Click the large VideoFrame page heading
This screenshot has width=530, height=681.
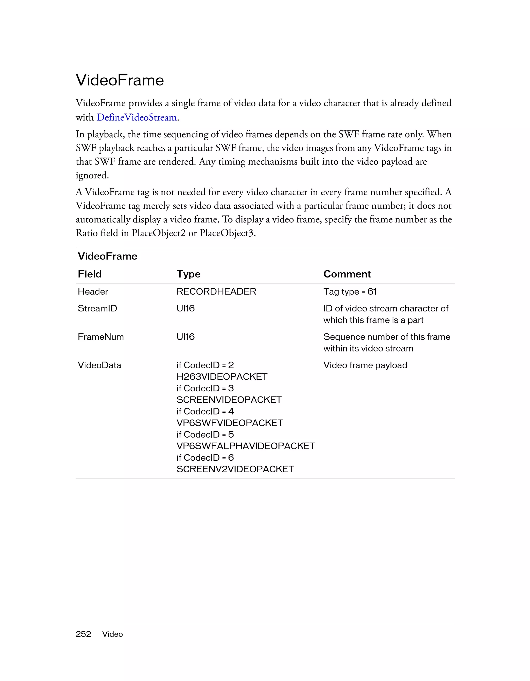120,80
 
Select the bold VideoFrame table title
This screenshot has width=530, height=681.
107,256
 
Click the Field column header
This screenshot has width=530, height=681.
90,274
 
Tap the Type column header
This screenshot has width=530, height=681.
188,274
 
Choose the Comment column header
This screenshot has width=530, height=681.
347,274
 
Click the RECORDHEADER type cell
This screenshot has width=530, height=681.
216,291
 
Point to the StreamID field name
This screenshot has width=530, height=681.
97,308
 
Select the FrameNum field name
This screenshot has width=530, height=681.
100,336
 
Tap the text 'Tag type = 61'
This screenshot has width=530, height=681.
350,291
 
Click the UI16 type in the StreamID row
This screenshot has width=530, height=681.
185,308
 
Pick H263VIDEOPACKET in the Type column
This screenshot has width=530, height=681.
222,376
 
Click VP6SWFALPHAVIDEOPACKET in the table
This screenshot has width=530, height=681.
246,446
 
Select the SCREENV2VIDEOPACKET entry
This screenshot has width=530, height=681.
235,469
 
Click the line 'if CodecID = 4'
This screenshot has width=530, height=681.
205,411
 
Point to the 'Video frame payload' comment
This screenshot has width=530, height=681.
365,365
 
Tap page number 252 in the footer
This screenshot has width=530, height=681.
83,634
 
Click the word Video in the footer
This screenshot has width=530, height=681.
112,634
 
